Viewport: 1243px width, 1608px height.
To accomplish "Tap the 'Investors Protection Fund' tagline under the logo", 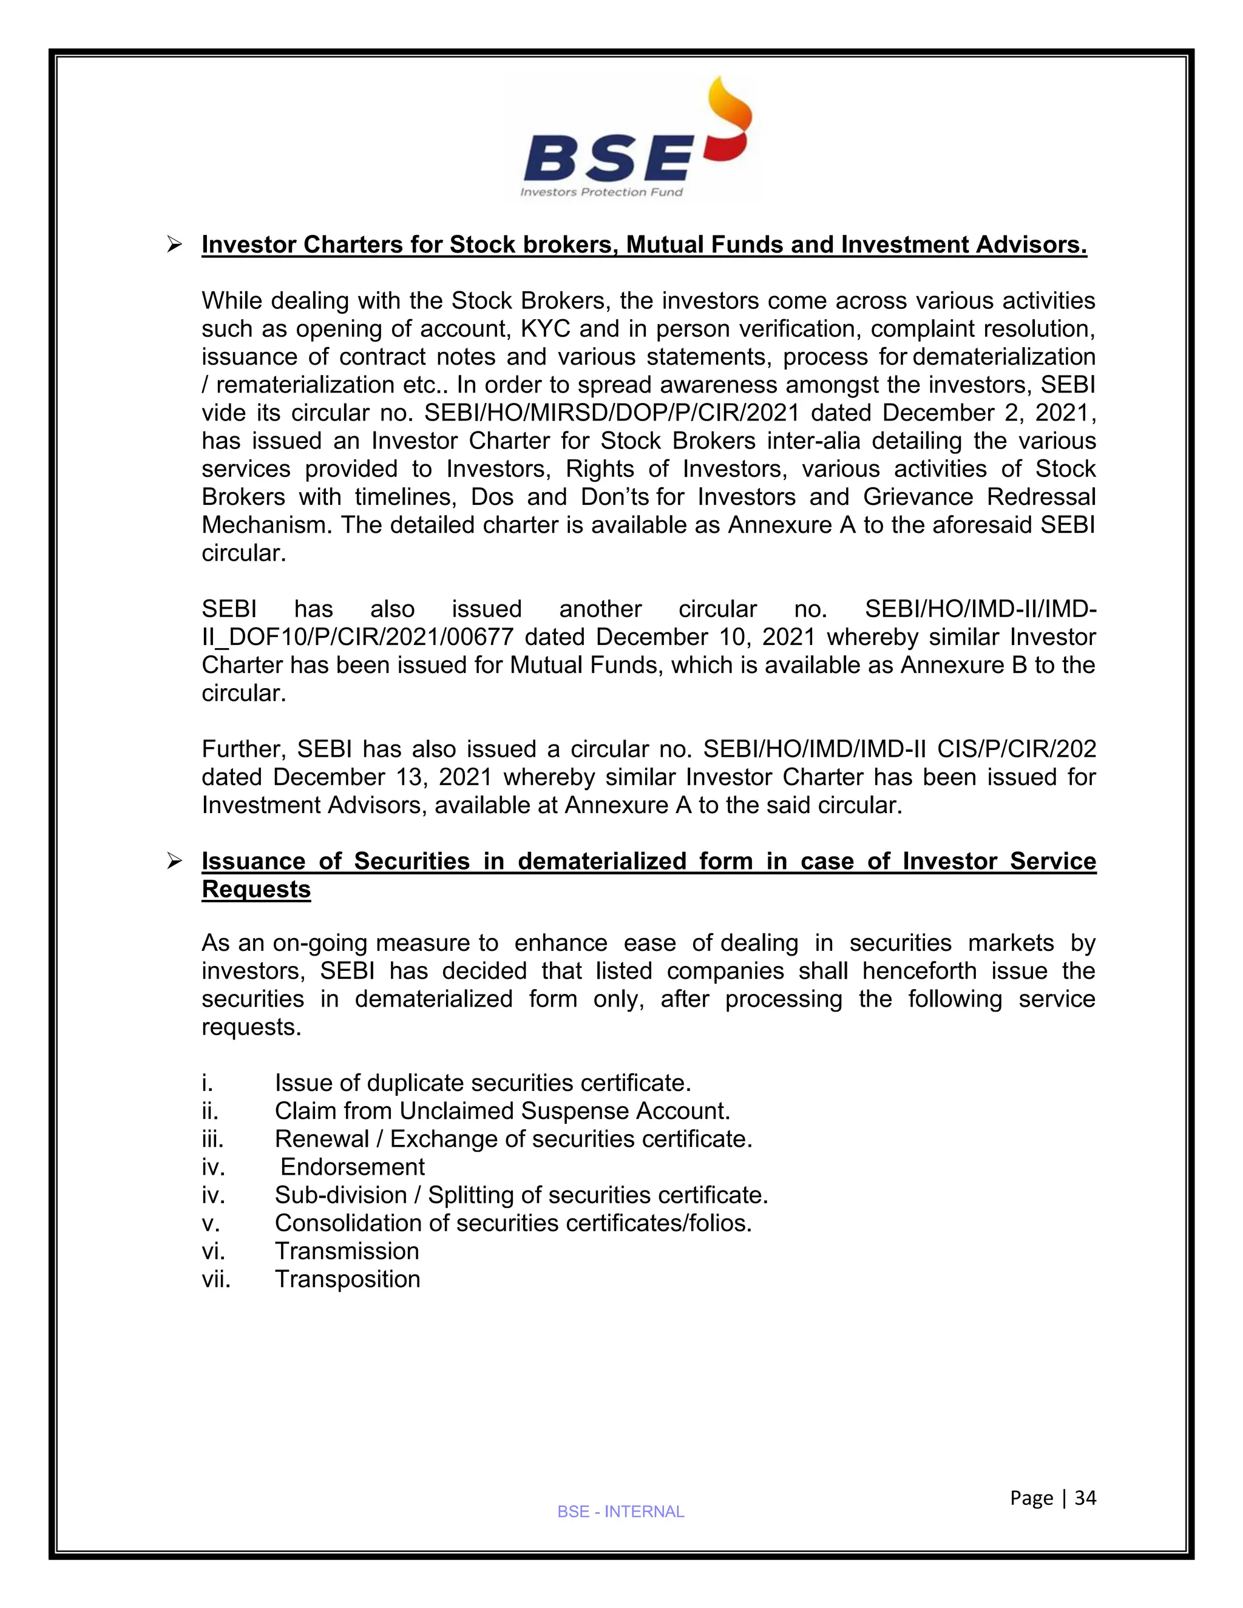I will (x=601, y=192).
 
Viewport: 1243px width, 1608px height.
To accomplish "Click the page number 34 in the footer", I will (x=1085, y=1498).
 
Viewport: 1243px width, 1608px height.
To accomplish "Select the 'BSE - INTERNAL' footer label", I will (x=621, y=1512).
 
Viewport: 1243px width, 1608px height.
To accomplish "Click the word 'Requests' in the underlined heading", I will (x=256, y=890).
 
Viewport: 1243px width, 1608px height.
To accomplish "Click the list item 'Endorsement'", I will (x=353, y=1167).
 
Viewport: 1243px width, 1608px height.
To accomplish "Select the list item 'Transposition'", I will (x=348, y=1279).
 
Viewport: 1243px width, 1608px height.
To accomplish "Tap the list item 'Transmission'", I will (x=347, y=1251).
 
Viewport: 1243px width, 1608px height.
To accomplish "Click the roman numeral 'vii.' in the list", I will (x=215, y=1279).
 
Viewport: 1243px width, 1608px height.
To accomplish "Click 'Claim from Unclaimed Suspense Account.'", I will (x=502, y=1111).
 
